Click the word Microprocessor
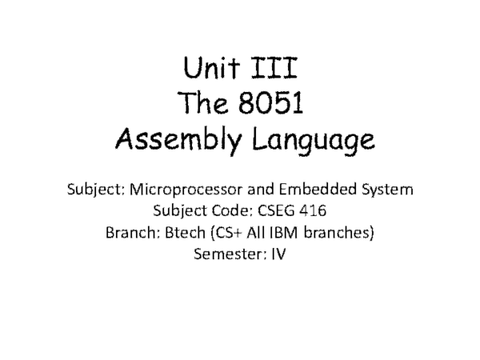[x=175, y=191]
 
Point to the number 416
[x=313, y=213]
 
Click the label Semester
[x=226, y=256]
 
